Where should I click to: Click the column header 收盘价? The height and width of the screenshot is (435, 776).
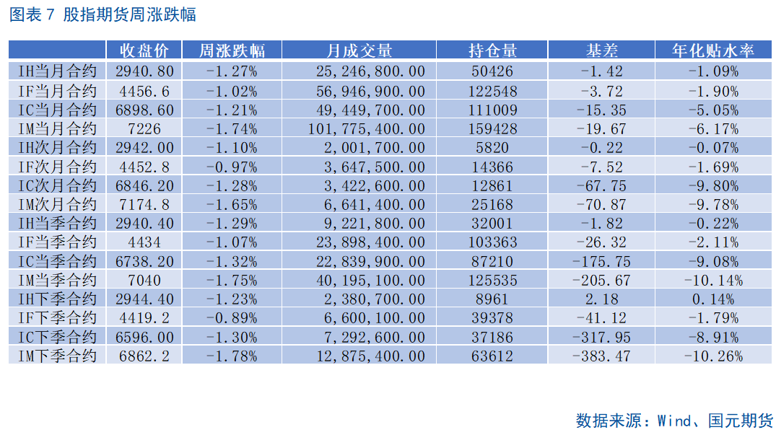pos(144,50)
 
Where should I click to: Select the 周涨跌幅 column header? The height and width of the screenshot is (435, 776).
pos(232,50)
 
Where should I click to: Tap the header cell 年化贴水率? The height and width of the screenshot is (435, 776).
pos(712,50)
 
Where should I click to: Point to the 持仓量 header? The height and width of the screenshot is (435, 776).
pos(492,50)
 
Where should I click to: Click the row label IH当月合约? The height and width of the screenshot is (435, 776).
pos(58,71)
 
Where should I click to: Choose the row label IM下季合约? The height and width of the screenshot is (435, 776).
pos(58,356)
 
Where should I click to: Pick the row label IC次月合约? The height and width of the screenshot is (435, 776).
pos(58,185)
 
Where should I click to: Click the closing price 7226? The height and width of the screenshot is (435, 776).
pos(144,128)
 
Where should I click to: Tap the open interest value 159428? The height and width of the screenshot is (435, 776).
pos(492,128)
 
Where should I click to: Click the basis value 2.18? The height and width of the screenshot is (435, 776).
pos(601,299)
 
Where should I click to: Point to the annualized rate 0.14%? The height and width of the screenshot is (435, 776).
pos(712,299)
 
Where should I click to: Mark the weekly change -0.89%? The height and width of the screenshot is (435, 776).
pos(232,317)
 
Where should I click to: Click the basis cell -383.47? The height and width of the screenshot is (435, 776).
pos(601,356)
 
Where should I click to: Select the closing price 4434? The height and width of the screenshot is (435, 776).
pos(144,242)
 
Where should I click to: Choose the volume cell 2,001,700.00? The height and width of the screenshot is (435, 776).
pos(370,147)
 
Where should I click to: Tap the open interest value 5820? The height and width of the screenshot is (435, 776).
pos(492,147)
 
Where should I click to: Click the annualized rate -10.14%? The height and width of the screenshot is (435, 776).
pos(712,280)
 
